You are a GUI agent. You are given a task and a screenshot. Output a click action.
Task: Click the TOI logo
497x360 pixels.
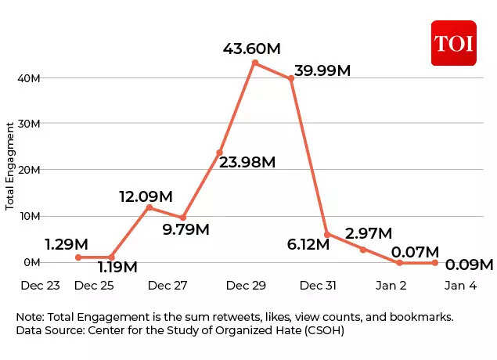(453, 43)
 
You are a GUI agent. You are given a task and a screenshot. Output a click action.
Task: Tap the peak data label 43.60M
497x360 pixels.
(252, 49)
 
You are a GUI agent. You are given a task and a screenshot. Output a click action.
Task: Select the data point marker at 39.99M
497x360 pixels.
(290, 78)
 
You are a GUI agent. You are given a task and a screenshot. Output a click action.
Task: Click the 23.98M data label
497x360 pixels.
(247, 162)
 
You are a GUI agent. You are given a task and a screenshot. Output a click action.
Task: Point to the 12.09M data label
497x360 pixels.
(146, 196)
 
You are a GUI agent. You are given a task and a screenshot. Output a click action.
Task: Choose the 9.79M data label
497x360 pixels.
(185, 229)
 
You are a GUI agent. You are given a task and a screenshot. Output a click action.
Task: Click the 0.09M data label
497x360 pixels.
(469, 265)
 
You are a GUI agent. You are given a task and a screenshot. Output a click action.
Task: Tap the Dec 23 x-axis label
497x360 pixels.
(40, 286)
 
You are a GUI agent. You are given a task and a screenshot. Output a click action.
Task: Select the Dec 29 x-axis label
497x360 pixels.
(246, 286)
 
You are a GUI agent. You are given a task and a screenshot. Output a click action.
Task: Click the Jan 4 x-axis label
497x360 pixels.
(460, 286)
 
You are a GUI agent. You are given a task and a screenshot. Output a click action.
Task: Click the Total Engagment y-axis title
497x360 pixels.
(10, 165)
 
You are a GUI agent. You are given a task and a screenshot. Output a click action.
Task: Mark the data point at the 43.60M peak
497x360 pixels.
(255, 63)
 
